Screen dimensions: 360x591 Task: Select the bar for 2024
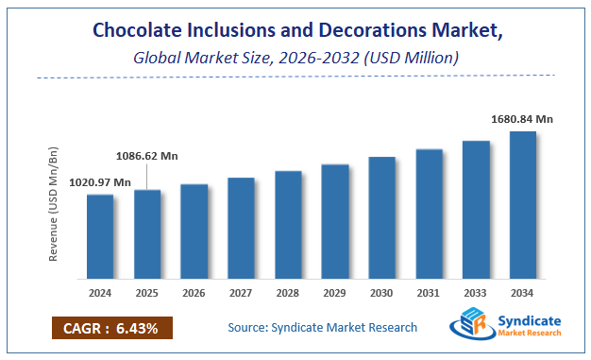coord(100,236)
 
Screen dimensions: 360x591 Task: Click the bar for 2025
coord(147,234)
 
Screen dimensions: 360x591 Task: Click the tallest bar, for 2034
coord(523,205)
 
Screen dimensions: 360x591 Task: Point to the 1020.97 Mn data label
coord(99,181)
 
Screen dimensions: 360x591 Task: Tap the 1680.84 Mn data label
coord(523,119)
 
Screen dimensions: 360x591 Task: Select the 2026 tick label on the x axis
coord(194,294)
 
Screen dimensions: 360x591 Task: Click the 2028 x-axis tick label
coord(288,294)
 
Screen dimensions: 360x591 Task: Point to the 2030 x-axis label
coord(381,294)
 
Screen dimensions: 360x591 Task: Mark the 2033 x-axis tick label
coord(476,294)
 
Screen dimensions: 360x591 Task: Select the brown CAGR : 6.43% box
coord(111,328)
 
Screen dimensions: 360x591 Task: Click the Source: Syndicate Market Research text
coord(322,328)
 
